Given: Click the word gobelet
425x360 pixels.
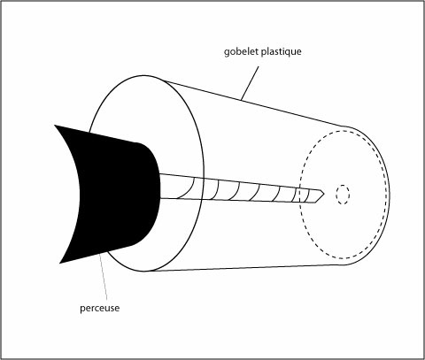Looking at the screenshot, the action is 241,52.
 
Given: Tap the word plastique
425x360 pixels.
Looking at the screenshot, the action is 282,52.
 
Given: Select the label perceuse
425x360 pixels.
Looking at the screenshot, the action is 100,309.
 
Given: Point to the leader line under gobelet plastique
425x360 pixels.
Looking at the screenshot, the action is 250,83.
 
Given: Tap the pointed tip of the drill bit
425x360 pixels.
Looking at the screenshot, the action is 324,194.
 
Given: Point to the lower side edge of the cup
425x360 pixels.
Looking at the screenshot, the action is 245,268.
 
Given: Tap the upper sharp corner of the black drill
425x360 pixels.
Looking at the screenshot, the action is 55,126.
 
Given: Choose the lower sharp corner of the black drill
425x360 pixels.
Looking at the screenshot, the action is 60,263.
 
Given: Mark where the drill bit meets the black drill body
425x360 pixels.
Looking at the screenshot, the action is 160,187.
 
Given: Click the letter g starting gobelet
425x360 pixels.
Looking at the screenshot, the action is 227,53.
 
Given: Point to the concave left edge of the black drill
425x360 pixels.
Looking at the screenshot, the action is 77,193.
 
